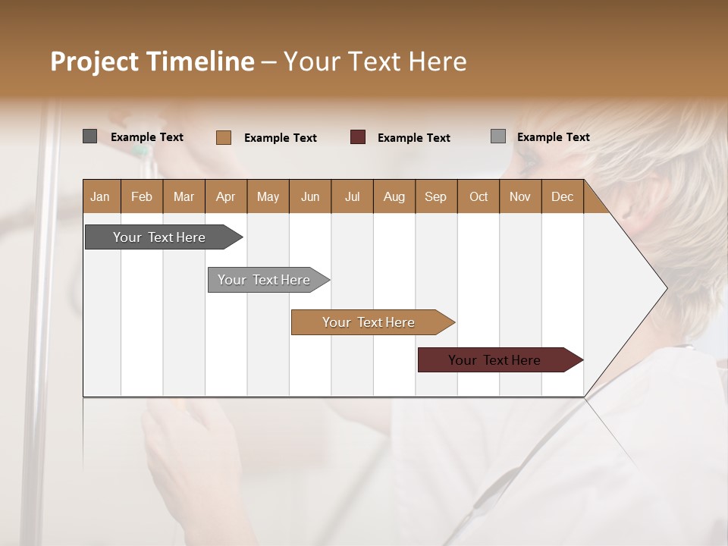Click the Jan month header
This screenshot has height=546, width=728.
101,196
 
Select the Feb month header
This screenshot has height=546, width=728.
142,196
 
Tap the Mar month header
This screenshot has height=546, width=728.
184,196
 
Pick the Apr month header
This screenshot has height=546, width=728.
226,196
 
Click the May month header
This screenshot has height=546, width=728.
268,196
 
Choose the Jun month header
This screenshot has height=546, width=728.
310,196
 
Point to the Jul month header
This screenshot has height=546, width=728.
352,196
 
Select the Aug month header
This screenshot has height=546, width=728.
394,196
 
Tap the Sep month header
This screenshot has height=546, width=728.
436,196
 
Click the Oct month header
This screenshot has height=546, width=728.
479,196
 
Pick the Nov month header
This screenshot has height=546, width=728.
520,196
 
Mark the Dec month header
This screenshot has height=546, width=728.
563,196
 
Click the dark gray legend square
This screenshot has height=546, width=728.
89,136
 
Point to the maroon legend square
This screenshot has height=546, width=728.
358,137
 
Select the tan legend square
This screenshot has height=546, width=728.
224,137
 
